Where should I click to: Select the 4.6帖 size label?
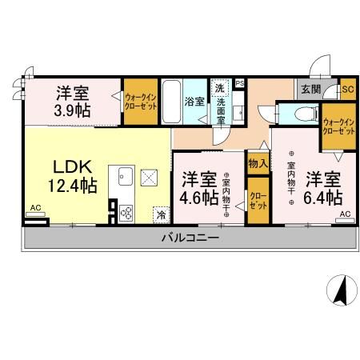tap(199, 197)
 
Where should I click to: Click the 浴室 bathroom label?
tap(194, 102)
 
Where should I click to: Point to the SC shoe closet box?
tap(346, 90)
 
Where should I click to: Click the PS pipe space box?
tap(239, 82)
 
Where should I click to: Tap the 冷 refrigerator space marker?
tap(161, 214)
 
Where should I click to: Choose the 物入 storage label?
tap(257, 163)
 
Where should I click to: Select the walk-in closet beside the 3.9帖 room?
tap(140, 101)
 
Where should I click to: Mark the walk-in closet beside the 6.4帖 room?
tap(338, 125)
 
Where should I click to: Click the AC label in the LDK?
tap(34, 208)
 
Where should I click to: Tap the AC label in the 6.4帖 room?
tap(344, 215)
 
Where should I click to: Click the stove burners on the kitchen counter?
tap(126, 212)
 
